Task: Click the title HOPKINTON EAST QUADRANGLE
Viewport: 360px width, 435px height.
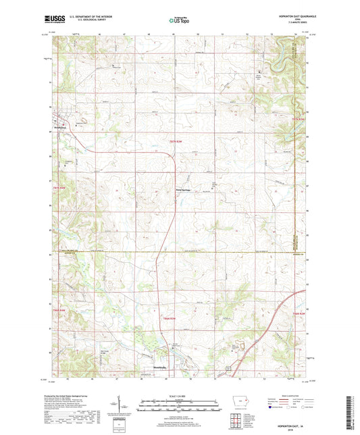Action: click(290, 15)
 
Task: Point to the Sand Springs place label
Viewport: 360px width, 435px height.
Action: click(183, 189)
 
